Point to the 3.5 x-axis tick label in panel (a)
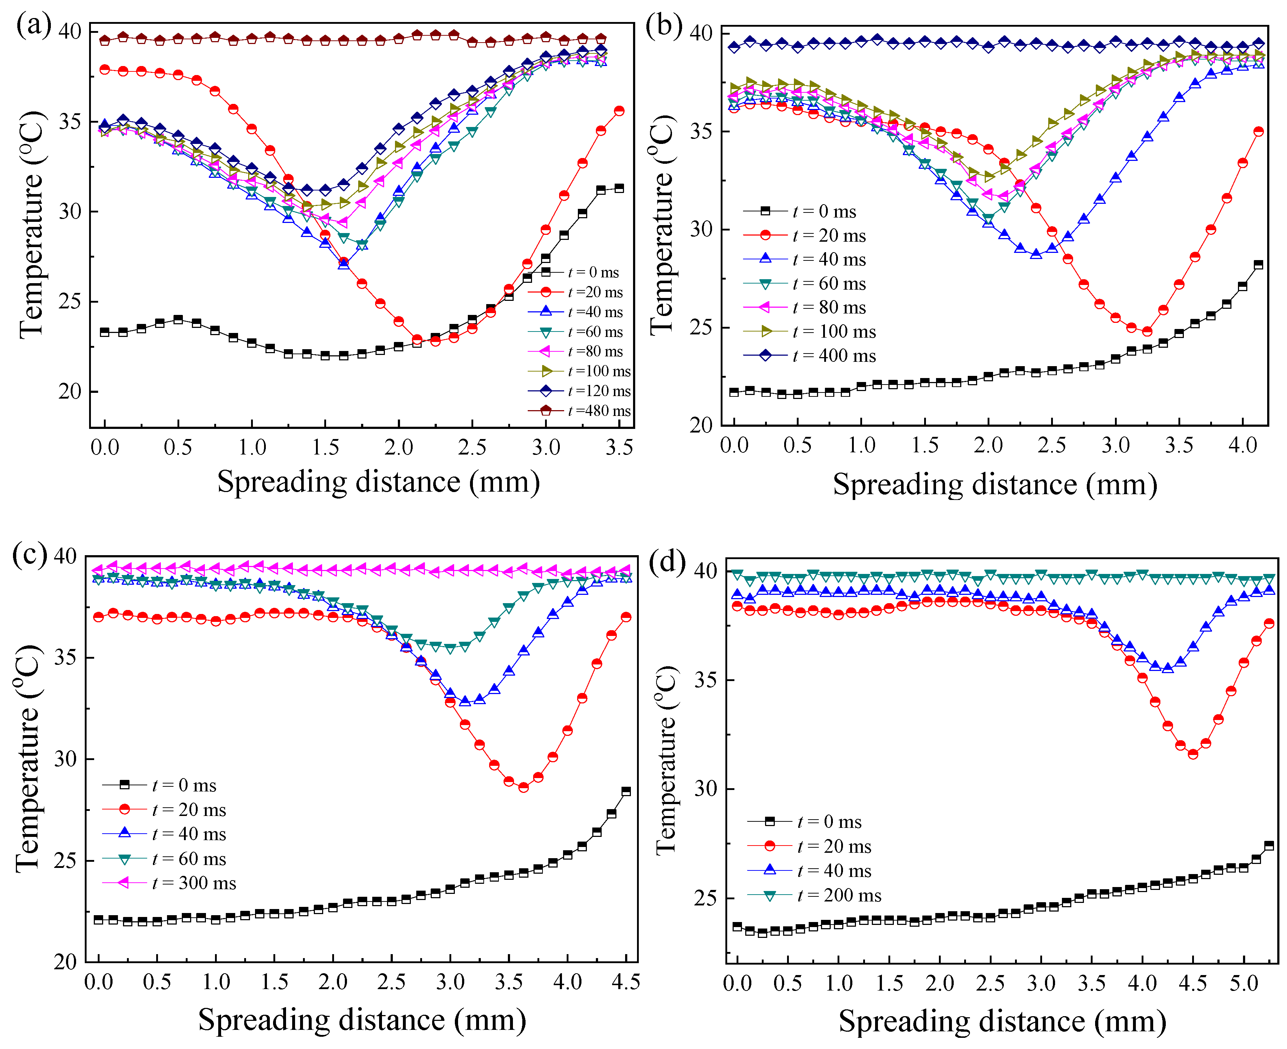pyautogui.click(x=619, y=448)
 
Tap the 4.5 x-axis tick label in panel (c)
pyautogui.click(x=625, y=982)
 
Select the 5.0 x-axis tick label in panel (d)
pyautogui.click(x=1243, y=984)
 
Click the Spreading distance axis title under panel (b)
pyautogui.click(x=994, y=484)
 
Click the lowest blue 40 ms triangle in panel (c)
pyautogui.click(x=465, y=701)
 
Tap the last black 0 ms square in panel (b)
pyautogui.click(x=1259, y=265)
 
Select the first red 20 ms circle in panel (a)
pyautogui.click(x=105, y=70)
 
